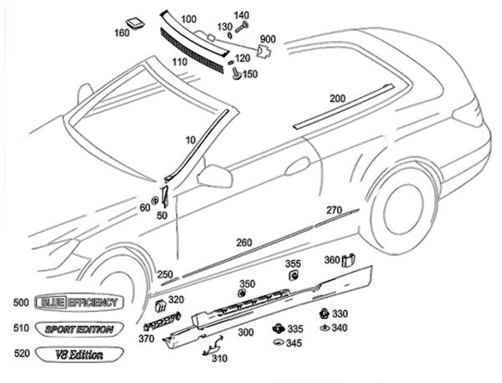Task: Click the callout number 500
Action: point(22,302)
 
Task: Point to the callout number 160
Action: point(123,34)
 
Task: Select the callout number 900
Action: point(268,39)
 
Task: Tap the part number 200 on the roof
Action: point(337,99)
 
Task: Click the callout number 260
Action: point(243,243)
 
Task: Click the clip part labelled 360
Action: point(353,260)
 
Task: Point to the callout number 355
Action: point(293,264)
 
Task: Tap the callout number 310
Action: point(219,359)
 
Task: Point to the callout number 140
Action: point(242,15)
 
